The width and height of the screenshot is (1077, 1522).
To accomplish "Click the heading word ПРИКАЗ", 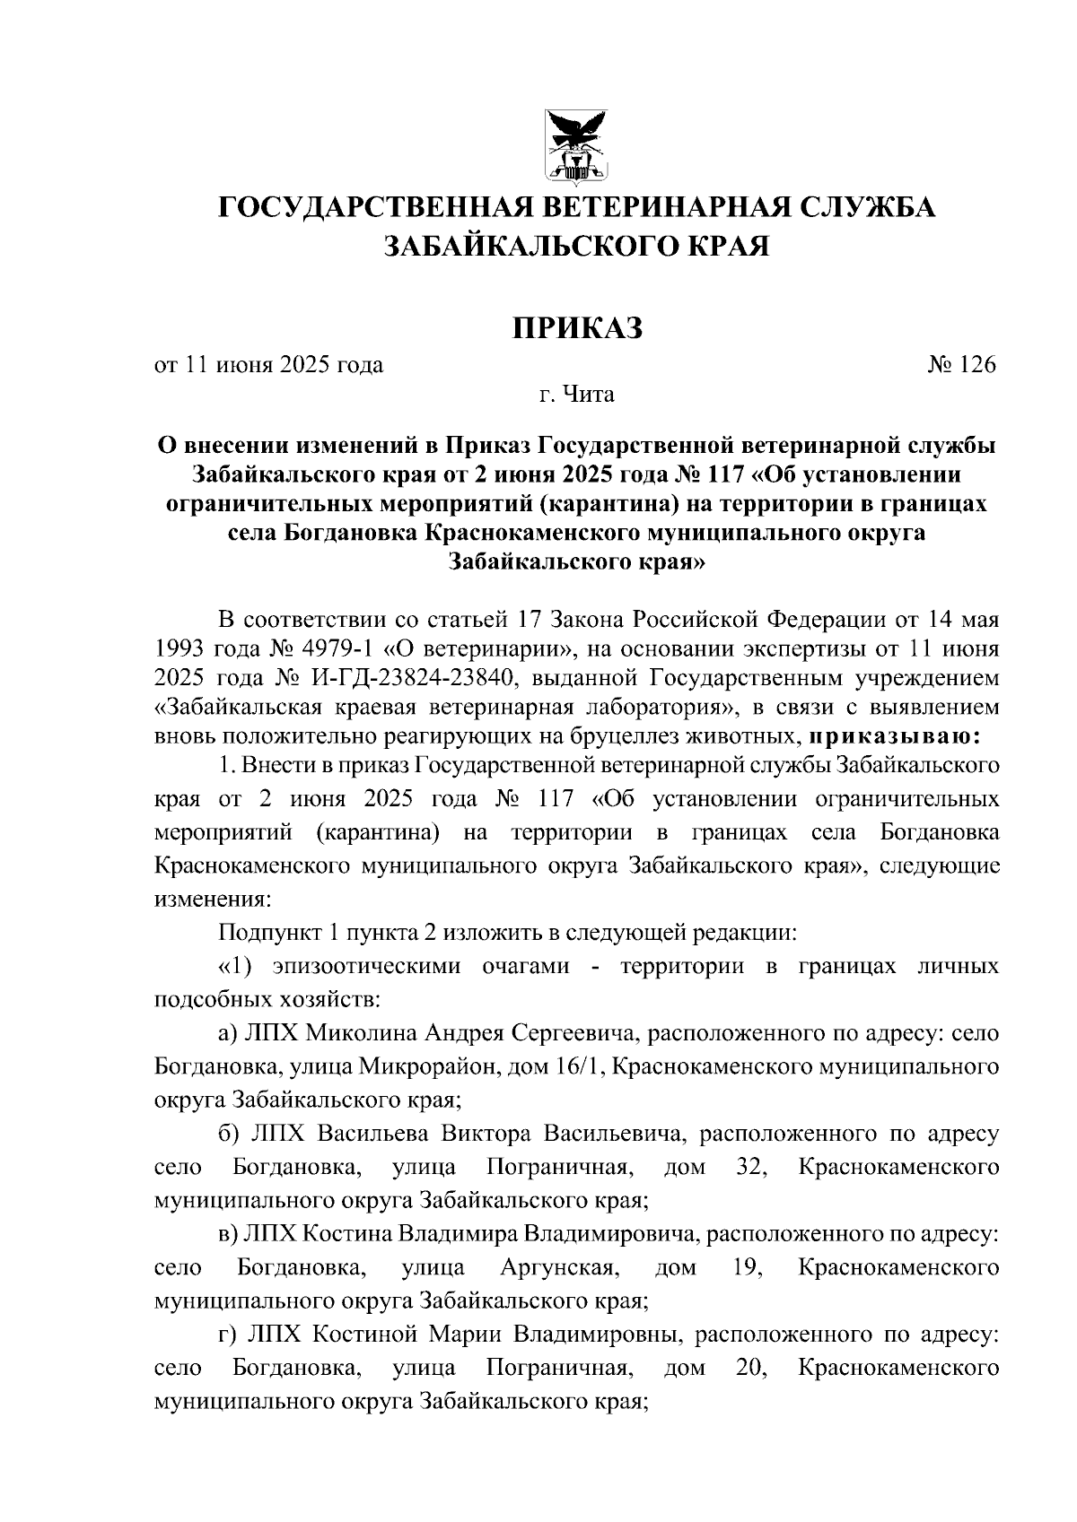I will coord(578,328).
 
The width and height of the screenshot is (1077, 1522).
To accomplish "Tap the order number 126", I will coord(977,365).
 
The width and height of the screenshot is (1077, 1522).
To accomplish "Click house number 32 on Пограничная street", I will coord(748,1168).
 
